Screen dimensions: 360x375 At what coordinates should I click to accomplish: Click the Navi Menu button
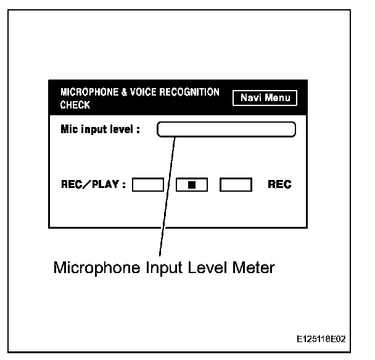click(x=265, y=98)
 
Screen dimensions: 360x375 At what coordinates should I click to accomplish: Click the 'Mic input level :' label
click(x=100, y=129)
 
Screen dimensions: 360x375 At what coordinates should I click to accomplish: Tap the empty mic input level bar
click(x=226, y=129)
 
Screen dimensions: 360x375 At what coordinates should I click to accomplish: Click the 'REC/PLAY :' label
click(x=92, y=184)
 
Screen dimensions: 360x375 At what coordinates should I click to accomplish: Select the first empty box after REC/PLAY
click(x=148, y=184)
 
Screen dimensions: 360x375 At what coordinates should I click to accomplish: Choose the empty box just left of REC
click(x=236, y=184)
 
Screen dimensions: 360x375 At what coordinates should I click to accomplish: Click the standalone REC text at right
click(x=279, y=184)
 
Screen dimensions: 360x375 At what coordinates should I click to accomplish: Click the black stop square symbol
click(x=192, y=184)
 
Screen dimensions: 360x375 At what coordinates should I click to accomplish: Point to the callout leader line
click(x=167, y=197)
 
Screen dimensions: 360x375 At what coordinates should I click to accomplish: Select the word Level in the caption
click(x=196, y=269)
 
